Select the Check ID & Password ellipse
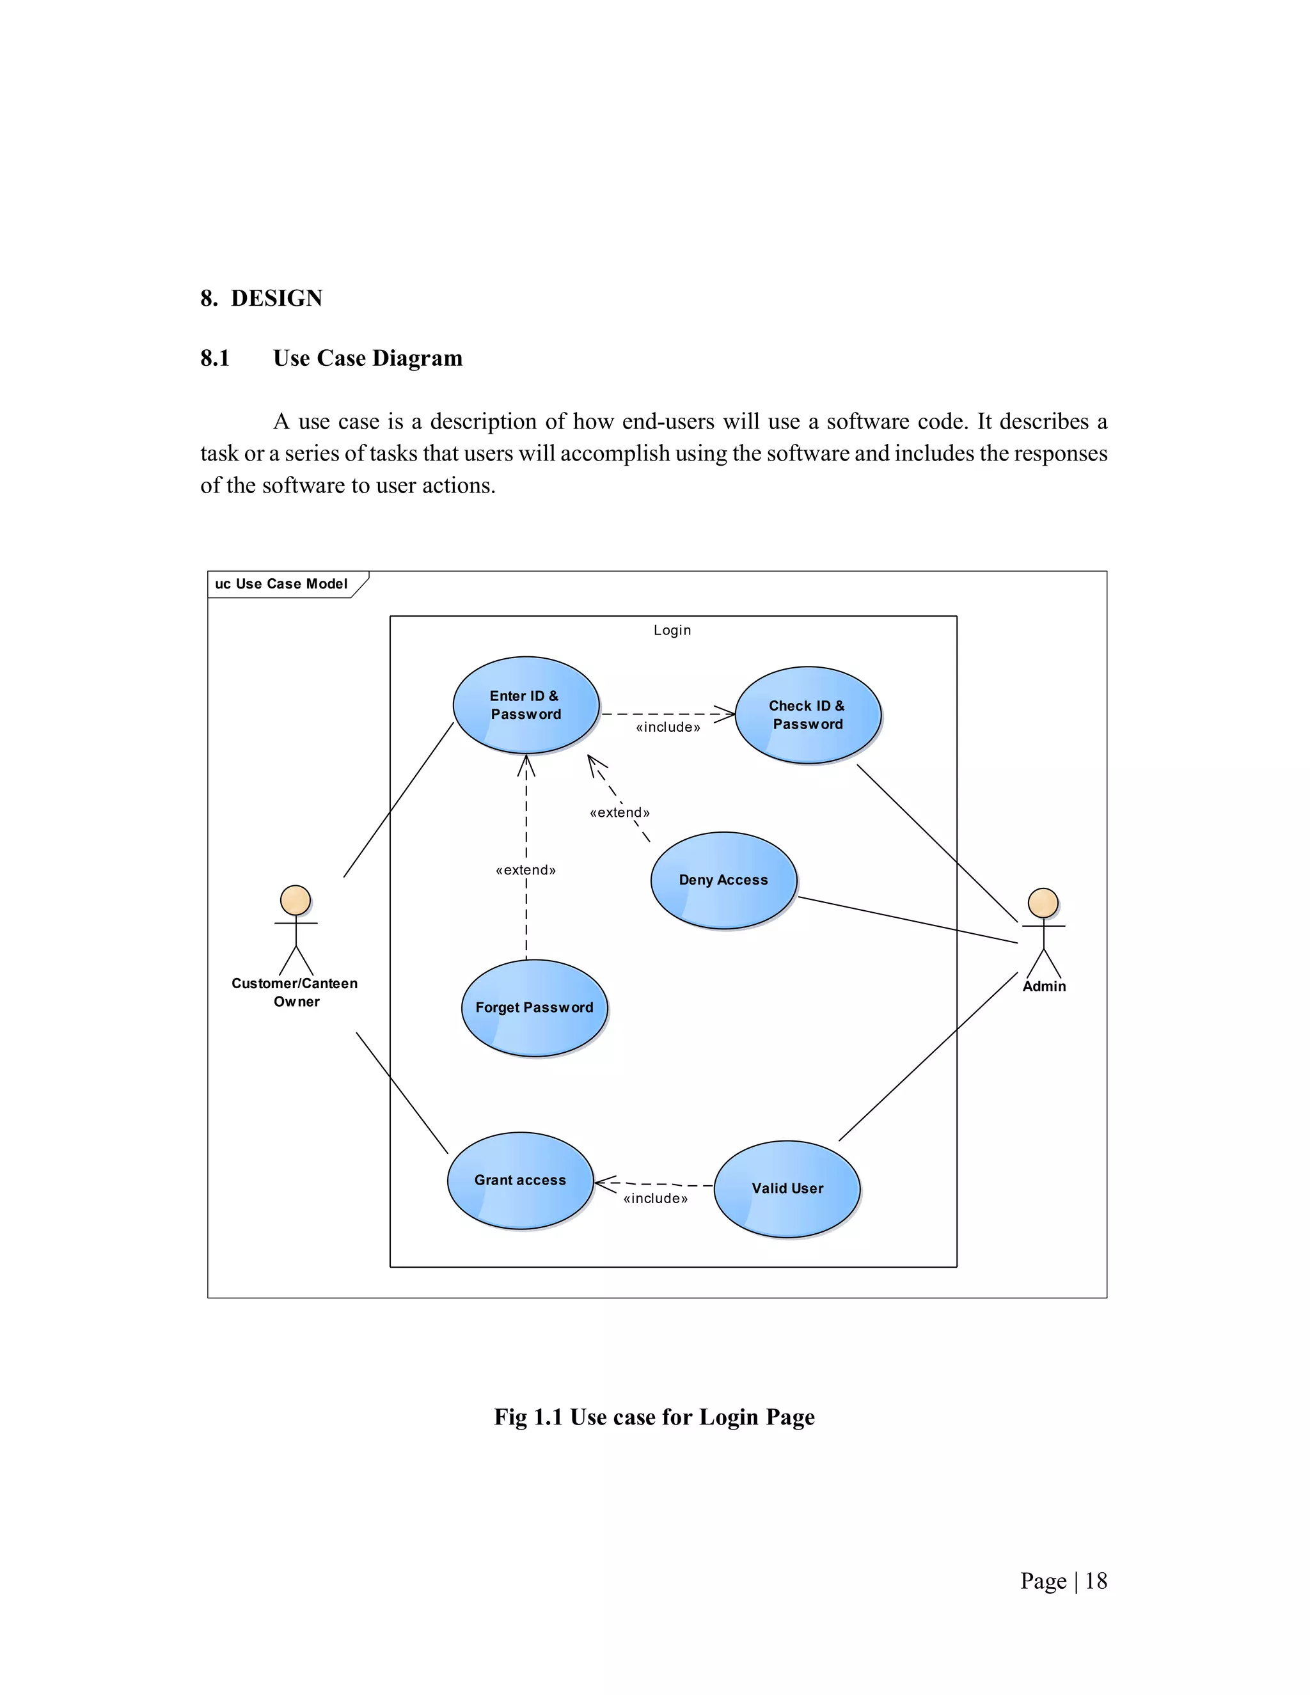[x=807, y=715]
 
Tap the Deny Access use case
[x=723, y=880]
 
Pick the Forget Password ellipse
[x=534, y=1007]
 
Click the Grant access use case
[x=520, y=1181]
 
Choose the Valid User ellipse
[x=787, y=1188]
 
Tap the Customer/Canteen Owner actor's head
[x=295, y=901]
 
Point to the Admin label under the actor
[x=1044, y=986]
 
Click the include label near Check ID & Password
[x=667, y=727]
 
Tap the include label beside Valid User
[x=655, y=1198]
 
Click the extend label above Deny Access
[x=619, y=812]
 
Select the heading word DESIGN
[x=276, y=298]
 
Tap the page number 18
[x=1096, y=1581]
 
